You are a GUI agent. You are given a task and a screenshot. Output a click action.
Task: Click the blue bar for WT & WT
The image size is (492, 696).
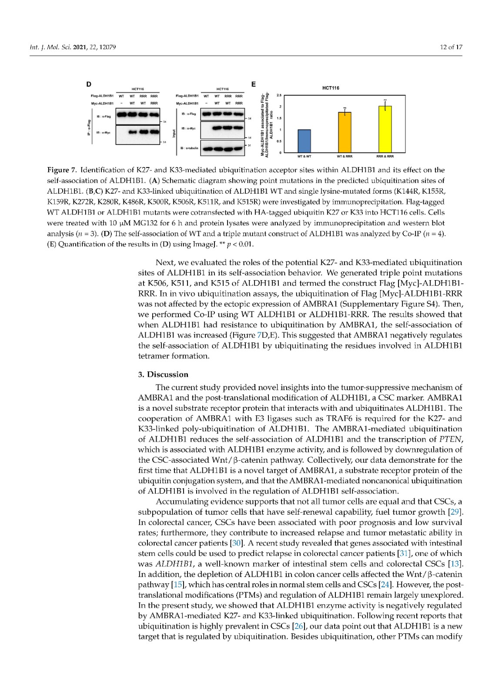click(x=304, y=141)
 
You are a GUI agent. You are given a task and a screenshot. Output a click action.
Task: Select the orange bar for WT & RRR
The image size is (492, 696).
click(x=345, y=132)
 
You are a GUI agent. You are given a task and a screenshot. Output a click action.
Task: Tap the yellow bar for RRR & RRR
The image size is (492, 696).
click(x=385, y=129)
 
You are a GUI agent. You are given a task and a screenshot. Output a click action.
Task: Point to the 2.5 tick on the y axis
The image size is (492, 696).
click(x=279, y=95)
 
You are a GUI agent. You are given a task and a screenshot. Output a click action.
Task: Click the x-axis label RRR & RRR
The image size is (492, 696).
click(x=385, y=156)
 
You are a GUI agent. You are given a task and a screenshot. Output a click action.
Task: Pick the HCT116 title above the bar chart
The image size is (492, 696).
click(x=331, y=88)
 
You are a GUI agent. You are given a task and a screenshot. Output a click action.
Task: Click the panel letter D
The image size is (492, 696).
click(x=89, y=84)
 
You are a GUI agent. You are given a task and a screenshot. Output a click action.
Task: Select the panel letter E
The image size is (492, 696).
click(x=254, y=84)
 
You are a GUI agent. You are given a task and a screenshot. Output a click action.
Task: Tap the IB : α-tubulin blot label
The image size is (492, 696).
click(x=189, y=148)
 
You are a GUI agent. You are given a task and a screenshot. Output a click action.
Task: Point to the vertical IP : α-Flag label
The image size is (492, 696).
click(x=88, y=127)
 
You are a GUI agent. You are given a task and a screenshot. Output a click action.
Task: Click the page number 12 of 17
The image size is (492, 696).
click(x=451, y=47)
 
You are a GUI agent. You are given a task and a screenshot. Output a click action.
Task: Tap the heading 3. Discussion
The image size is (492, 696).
click(x=163, y=375)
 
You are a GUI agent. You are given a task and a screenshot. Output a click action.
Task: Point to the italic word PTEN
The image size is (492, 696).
click(x=451, y=439)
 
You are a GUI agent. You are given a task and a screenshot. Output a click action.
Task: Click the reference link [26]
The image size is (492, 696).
click(x=299, y=626)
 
